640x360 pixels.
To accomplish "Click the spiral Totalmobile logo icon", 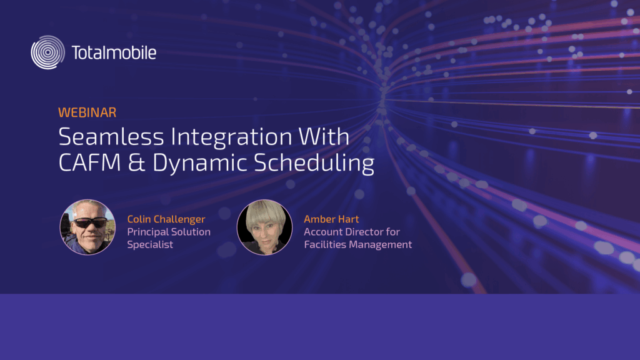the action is coord(47,52).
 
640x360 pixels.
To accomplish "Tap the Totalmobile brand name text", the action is coord(114,52).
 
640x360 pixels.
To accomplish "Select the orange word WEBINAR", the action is coord(87,112).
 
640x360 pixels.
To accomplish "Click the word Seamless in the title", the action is coord(111,136).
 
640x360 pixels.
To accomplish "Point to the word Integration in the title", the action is coord(231,138).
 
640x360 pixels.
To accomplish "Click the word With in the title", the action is coord(324,136).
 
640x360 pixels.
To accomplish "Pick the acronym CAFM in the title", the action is coord(90,162).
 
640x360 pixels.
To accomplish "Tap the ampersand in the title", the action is coord(137,162).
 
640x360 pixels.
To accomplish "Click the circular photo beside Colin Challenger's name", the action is coord(87,227).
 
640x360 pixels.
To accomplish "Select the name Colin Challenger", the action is coord(166,219).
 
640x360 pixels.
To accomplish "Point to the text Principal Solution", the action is coord(169,232).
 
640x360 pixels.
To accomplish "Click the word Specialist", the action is coord(150,244).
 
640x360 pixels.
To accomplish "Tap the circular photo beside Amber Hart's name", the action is coord(264,227).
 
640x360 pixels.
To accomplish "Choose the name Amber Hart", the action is coord(331,219).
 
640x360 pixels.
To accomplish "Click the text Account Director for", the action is coord(352,232).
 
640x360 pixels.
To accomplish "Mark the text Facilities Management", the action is coord(358,244).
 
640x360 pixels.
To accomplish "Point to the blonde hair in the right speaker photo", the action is coord(265,212).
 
